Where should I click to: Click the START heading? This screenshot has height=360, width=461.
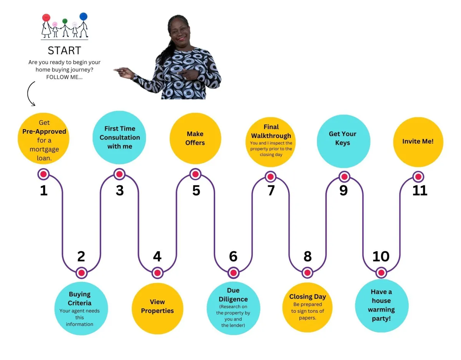[65, 50]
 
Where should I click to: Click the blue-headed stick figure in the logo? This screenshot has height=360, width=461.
[83, 25]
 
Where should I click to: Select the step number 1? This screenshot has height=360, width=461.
[44, 190]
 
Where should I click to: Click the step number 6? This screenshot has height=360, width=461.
[233, 256]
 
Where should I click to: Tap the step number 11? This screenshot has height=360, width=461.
[420, 190]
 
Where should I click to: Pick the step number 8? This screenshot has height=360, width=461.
[308, 256]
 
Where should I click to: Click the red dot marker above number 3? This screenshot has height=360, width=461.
[119, 174]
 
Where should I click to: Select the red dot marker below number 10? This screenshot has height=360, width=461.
[381, 273]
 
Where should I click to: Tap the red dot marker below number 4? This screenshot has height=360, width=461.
[158, 273]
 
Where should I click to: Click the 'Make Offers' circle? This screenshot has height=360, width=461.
[196, 138]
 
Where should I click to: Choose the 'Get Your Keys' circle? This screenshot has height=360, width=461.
[343, 141]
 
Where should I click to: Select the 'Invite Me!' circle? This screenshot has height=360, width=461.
[418, 142]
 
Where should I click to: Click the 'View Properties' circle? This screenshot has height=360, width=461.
[158, 309]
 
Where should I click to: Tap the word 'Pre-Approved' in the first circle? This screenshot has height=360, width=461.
[44, 131]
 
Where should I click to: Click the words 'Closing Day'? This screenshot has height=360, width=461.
[307, 296]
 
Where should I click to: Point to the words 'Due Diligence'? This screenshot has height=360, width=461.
[233, 295]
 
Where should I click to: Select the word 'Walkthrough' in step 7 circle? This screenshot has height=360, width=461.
[271, 136]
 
